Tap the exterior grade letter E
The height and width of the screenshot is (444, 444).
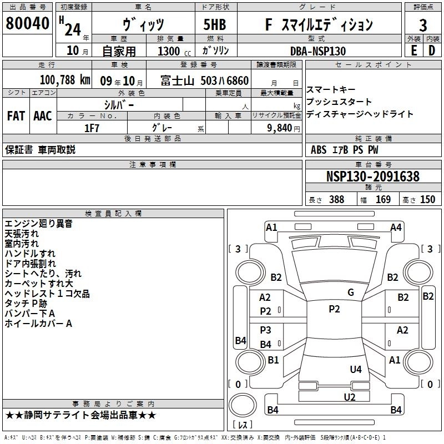413,51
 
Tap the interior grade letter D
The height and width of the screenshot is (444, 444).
431,51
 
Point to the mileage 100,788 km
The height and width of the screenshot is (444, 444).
65,80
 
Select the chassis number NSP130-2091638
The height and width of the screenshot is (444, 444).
372,177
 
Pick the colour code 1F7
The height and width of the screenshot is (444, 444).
92,127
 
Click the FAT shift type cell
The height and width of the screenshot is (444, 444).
16,116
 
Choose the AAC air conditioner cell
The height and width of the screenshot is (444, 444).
43,116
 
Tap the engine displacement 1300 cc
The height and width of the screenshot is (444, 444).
170,51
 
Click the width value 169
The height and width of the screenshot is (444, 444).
383,200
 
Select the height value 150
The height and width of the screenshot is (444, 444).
427,200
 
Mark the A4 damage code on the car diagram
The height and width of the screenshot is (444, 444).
396,227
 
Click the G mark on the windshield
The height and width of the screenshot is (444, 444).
351,292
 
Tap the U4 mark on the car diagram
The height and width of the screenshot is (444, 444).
356,369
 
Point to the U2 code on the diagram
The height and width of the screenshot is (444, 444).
349,396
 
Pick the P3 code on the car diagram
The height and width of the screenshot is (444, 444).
266,330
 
